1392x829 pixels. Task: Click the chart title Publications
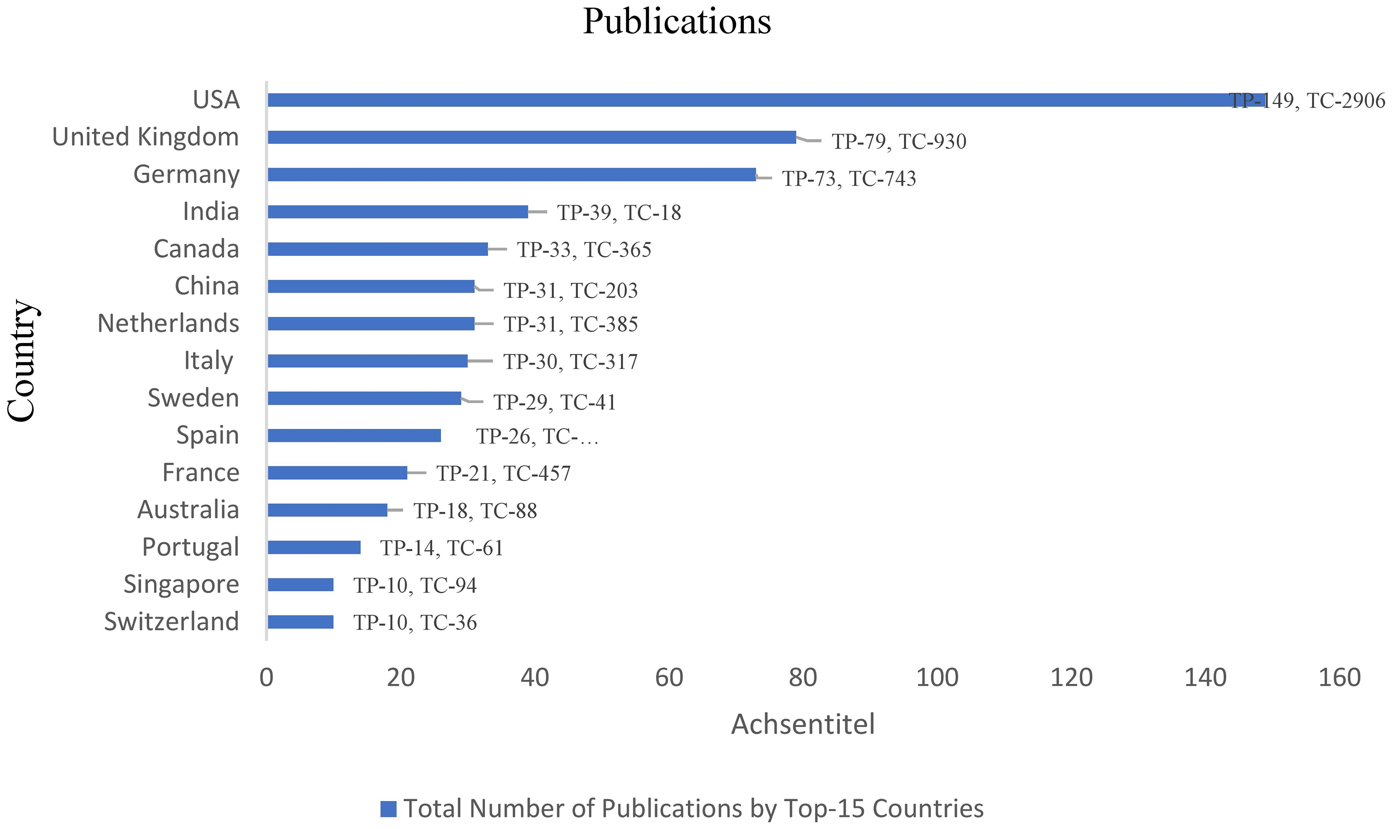[x=676, y=22]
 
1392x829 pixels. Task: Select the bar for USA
[x=765, y=100]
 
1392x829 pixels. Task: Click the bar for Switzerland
[x=301, y=622]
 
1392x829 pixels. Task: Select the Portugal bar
[x=314, y=547]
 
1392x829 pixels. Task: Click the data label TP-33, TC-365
[x=584, y=250]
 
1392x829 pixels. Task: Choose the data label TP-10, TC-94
[x=415, y=585]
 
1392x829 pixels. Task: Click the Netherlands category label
[x=168, y=324]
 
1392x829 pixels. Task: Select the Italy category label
[x=208, y=361]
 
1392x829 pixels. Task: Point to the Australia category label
[x=188, y=510]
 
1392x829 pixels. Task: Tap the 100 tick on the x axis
[x=937, y=678]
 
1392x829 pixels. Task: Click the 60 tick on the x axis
[x=669, y=678]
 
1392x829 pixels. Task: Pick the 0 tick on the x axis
[x=266, y=678]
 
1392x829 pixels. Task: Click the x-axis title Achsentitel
[x=803, y=725]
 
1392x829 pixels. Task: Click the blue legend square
[x=388, y=809]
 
